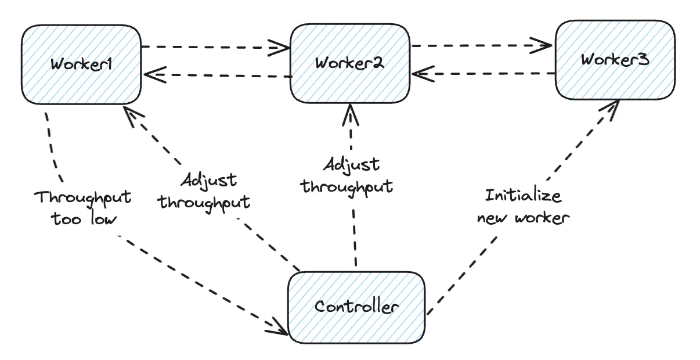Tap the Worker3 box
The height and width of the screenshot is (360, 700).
click(615, 60)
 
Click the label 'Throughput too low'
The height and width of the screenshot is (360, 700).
click(84, 208)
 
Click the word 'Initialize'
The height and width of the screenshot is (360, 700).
click(523, 196)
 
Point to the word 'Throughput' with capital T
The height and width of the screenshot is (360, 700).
click(84, 197)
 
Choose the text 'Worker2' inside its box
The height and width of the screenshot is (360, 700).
click(349, 63)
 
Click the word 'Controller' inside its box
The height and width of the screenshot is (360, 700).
click(356, 306)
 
